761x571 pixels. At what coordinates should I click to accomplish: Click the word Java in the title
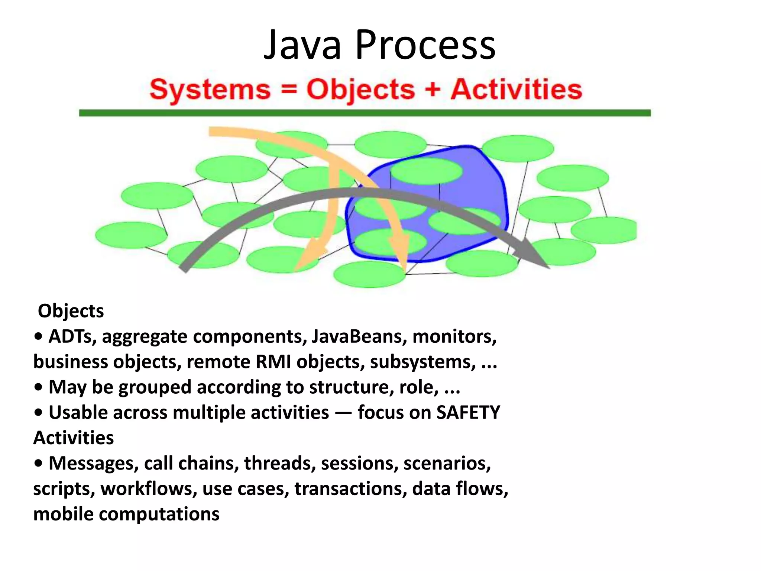[x=302, y=45]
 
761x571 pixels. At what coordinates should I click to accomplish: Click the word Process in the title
[x=425, y=45]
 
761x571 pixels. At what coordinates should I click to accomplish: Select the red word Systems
[x=210, y=90]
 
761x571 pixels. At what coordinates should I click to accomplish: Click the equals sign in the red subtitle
[x=289, y=90]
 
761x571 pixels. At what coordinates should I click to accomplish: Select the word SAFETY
[x=468, y=413]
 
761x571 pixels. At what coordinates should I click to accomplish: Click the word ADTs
[x=72, y=336]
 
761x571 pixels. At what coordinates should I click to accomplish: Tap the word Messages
[x=94, y=464]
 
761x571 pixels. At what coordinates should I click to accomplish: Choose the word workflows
[x=149, y=489]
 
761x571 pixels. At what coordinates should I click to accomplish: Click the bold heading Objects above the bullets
[x=71, y=311]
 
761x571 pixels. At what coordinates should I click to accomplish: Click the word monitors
[x=454, y=336]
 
